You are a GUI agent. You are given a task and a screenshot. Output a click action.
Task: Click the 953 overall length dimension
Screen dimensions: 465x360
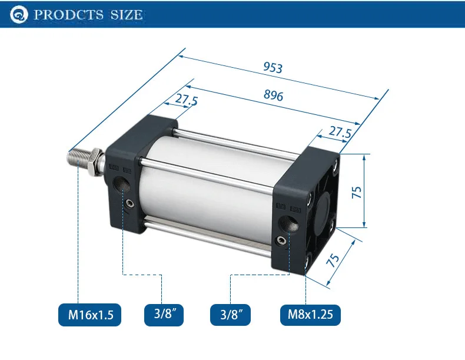tap(273, 67)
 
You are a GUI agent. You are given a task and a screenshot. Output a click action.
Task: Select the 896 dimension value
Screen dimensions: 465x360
tap(273, 95)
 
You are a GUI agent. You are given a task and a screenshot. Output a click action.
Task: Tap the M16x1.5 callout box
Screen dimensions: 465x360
tap(90, 315)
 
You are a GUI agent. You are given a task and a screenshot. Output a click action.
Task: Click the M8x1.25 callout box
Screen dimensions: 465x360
tap(310, 315)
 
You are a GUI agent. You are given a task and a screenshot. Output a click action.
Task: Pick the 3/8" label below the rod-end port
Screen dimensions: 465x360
tap(164, 315)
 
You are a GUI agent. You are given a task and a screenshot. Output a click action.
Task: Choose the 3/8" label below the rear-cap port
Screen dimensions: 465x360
tap(230, 315)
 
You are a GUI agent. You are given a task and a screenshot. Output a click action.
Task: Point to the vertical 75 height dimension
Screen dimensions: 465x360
tap(357, 192)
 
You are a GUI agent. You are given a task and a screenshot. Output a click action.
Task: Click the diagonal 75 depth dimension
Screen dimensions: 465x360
tap(333, 260)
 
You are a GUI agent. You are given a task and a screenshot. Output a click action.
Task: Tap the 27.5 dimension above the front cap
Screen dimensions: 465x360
tap(186, 100)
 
